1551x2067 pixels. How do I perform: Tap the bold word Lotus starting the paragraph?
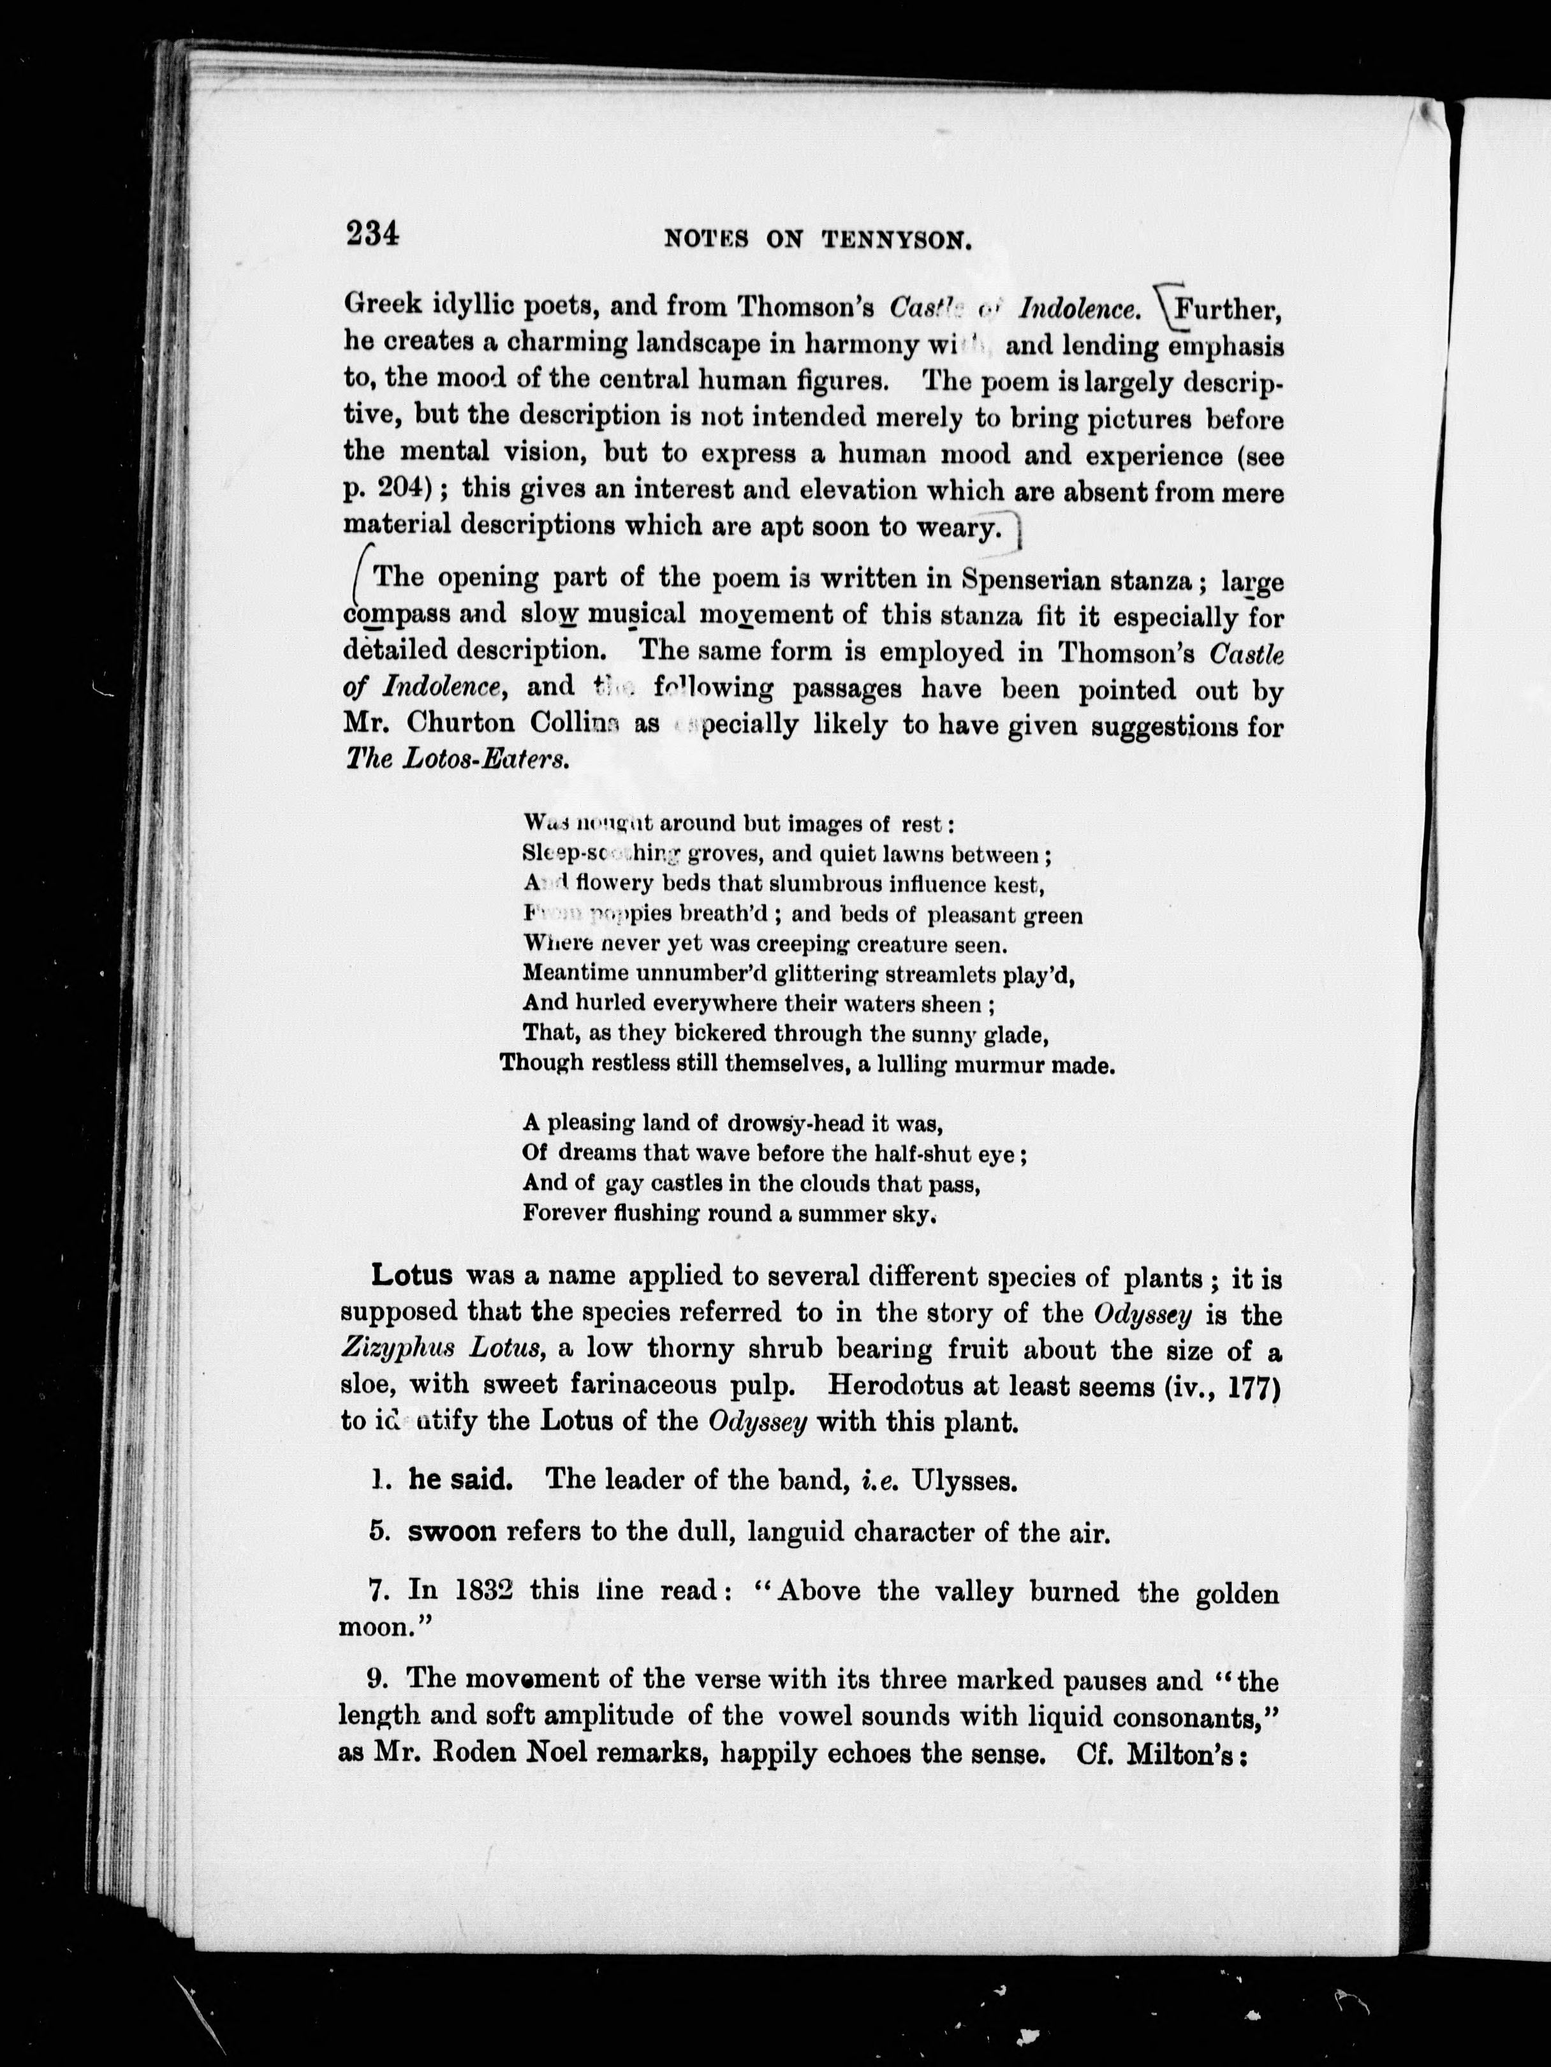coord(412,1275)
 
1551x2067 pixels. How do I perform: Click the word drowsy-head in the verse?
coord(799,1123)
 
